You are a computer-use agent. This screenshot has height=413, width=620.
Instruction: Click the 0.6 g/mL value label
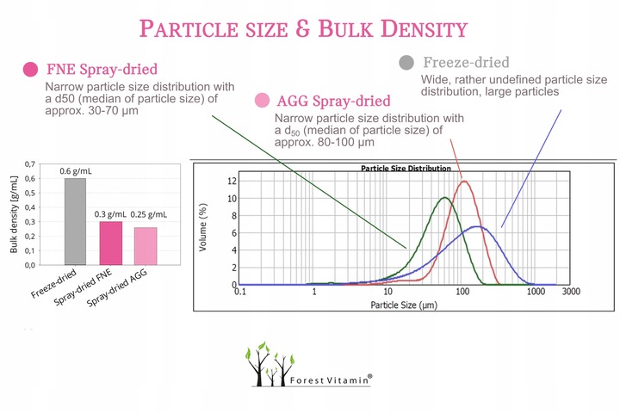click(x=75, y=170)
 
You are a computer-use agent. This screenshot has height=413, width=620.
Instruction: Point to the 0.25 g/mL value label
click(x=149, y=213)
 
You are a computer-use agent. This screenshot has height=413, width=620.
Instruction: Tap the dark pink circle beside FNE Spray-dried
click(x=31, y=69)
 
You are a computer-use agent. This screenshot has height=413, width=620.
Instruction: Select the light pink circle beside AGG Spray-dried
click(x=260, y=101)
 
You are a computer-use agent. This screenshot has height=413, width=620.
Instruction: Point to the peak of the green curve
click(x=444, y=198)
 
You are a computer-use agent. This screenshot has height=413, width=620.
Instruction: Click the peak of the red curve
click(x=465, y=181)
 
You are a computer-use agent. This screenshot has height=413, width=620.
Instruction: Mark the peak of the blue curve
click(x=480, y=227)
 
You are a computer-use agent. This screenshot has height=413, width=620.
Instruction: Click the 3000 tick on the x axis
click(x=570, y=293)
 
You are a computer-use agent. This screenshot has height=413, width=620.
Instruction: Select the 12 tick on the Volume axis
click(x=231, y=181)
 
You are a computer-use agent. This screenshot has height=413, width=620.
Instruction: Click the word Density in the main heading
click(x=414, y=29)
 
